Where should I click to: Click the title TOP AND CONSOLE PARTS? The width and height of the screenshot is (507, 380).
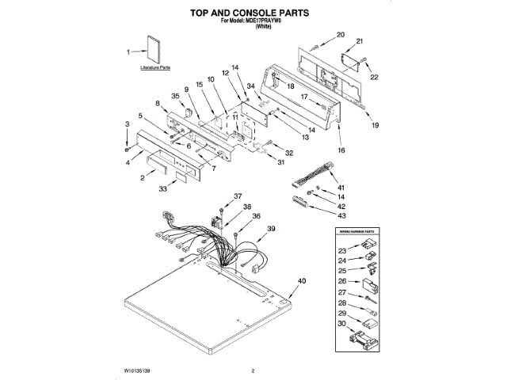[x=253, y=13]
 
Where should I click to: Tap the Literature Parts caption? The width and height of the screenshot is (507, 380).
[x=154, y=69]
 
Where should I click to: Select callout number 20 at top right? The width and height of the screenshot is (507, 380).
[x=341, y=34]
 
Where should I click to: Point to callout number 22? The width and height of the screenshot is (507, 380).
[x=375, y=77]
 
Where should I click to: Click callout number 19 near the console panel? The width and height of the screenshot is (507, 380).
[x=375, y=124]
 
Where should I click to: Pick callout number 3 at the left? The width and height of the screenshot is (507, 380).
[x=127, y=124]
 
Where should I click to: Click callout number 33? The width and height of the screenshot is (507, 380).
[x=162, y=190]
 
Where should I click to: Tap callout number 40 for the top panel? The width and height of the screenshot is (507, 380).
[x=301, y=281]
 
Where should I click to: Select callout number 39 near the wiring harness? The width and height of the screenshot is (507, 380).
[x=271, y=229]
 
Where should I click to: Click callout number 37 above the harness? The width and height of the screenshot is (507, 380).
[x=238, y=196]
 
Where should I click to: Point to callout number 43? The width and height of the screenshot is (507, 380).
[x=341, y=215]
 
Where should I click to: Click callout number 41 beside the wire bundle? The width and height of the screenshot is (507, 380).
[x=341, y=186]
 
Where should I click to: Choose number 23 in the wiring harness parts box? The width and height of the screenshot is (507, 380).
[x=341, y=249]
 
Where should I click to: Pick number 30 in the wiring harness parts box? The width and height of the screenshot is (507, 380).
[x=341, y=324]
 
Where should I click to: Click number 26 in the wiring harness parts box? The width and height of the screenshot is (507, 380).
[x=341, y=281]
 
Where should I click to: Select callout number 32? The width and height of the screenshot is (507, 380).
[x=289, y=153]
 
